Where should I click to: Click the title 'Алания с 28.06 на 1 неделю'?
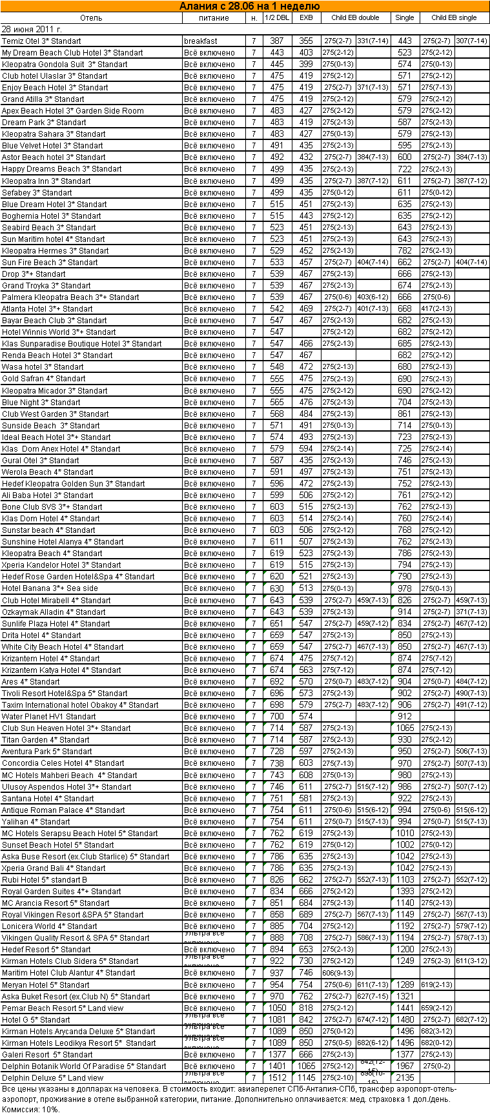click(245, 6)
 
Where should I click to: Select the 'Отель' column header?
click(91, 18)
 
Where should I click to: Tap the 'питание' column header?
click(214, 18)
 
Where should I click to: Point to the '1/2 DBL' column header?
click(277, 18)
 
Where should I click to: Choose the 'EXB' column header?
click(306, 18)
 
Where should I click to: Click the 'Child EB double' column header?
click(355, 18)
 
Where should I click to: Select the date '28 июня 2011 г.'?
click(32, 30)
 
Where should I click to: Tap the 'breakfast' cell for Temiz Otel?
click(200, 41)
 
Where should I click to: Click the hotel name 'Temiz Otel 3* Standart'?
click(41, 41)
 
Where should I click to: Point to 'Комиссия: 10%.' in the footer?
click(31, 1110)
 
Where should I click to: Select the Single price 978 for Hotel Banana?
click(405, 588)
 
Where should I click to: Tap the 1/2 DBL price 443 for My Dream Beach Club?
click(277, 53)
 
